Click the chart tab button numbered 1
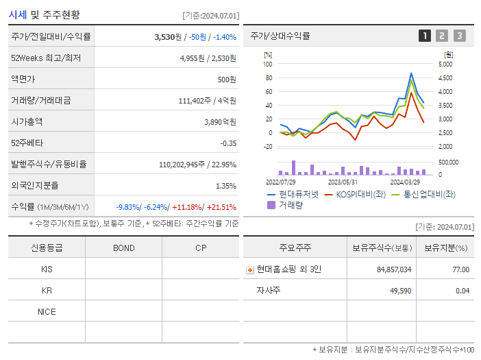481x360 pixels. [425, 36]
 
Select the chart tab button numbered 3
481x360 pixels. [459, 36]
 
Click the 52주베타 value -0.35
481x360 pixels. [227, 143]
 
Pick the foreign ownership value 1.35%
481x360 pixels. [226, 185]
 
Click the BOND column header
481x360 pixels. [123, 248]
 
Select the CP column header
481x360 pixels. [200, 248]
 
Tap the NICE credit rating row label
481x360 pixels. [47, 312]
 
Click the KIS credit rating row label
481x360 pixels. [47, 269]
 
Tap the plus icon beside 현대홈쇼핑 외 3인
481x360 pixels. [250, 270]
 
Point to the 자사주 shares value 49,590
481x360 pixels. [397, 291]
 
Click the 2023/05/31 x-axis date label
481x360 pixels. [343, 182]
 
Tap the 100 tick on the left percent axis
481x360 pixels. [268, 64]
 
